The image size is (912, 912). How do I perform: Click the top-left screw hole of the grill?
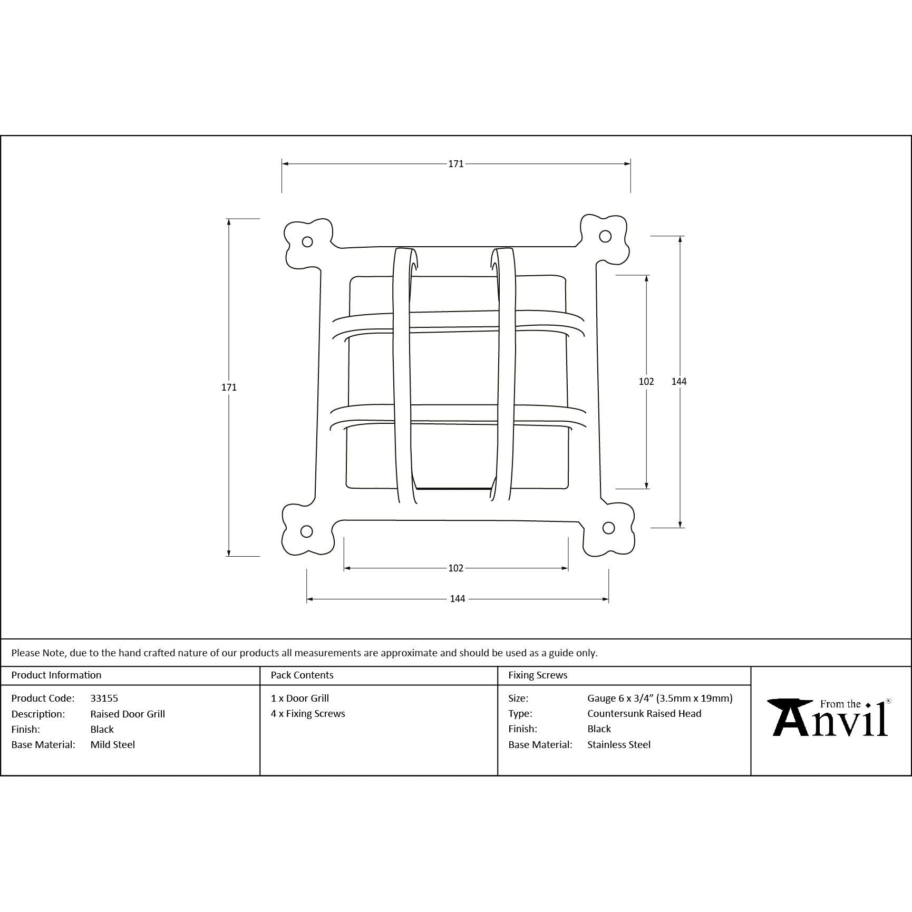(307, 242)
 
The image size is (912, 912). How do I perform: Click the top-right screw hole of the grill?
(605, 236)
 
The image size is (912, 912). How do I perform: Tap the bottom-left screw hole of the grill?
(306, 531)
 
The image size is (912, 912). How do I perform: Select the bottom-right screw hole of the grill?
(608, 528)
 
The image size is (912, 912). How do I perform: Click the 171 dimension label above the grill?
(456, 164)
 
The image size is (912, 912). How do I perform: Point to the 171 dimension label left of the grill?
(229, 387)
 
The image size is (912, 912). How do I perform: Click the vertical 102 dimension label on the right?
(646, 382)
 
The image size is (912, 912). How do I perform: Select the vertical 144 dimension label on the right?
(679, 382)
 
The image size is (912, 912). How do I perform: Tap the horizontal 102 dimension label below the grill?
(456, 568)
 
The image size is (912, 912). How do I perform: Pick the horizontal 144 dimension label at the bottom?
(458, 599)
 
